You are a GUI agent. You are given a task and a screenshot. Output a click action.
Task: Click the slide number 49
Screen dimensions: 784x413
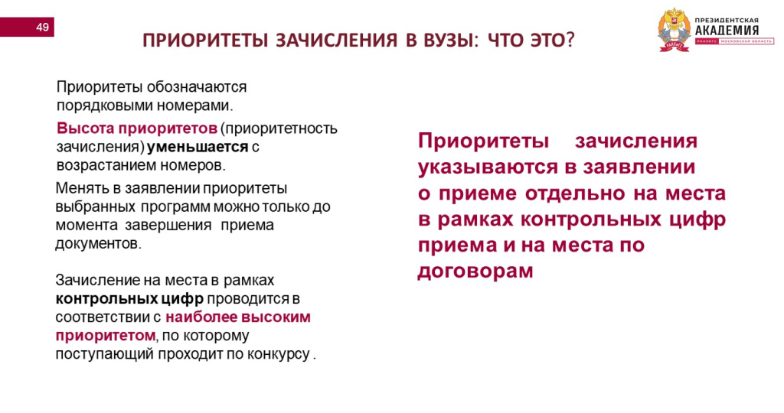coord(42,27)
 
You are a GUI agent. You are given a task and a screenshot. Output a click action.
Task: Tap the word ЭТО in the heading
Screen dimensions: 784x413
coord(546,40)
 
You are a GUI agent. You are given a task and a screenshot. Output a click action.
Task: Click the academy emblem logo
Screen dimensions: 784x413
coord(674,31)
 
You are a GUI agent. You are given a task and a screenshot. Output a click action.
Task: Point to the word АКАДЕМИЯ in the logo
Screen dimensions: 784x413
coord(727,30)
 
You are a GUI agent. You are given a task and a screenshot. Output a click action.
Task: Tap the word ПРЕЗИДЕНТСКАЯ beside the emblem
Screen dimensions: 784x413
coord(727,20)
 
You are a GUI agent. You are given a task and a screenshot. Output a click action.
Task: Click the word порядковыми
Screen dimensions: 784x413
coord(104,106)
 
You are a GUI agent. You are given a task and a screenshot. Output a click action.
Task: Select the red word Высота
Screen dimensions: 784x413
coord(85,128)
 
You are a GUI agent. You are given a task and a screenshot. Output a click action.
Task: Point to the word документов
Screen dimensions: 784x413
coord(99,244)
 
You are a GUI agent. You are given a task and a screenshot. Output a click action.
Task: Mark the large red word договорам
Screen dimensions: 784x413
coord(475,272)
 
